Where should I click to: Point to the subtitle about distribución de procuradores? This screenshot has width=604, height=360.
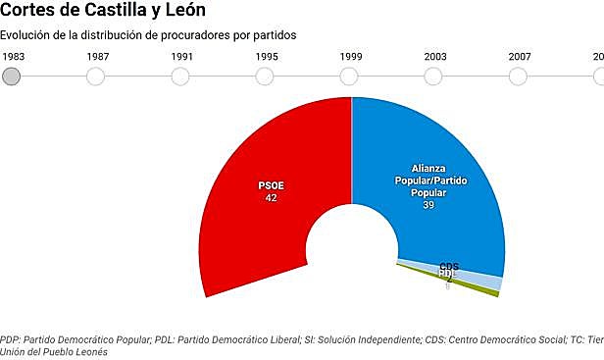[x=148, y=35]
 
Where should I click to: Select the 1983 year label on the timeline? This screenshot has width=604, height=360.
[x=12, y=56]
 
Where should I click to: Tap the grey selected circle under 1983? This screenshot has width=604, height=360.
[x=12, y=76]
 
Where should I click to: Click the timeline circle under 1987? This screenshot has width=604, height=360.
[x=96, y=76]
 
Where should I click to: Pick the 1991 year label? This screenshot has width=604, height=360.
[x=181, y=56]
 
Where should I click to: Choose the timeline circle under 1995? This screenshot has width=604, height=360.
[x=266, y=76]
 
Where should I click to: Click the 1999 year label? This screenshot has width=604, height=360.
[x=351, y=56]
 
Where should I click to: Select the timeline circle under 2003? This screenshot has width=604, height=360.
[x=435, y=76]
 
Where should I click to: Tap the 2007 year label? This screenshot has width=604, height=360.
[x=520, y=56]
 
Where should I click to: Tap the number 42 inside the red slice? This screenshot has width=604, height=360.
[x=271, y=198]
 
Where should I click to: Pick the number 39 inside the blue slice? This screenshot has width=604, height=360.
[x=428, y=205]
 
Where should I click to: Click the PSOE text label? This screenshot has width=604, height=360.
[x=271, y=185]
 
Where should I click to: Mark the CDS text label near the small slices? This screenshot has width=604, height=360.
[x=449, y=266]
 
